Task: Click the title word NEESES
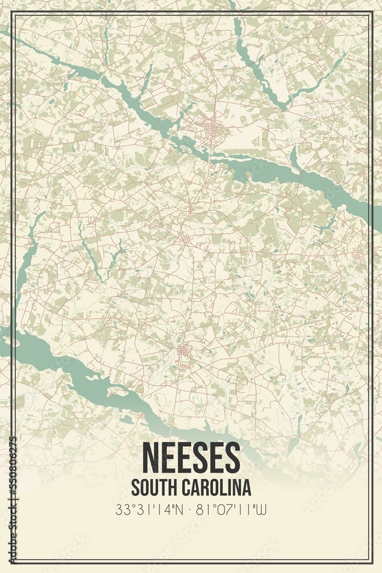pos(191,457)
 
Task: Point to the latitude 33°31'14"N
pos(149,509)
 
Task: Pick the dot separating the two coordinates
pos(191,509)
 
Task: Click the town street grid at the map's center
pos(185,237)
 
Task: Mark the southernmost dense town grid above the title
pos(183,351)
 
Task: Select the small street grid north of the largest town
pos(197,57)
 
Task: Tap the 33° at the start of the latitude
pos(122,509)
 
